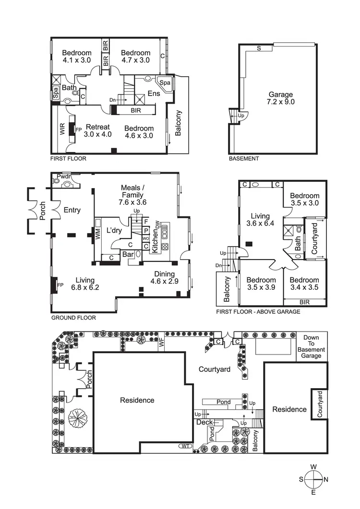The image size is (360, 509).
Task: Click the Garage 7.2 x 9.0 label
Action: coord(281,98)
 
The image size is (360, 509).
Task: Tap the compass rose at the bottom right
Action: coord(313,479)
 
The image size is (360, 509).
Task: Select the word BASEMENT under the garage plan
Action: coord(243,159)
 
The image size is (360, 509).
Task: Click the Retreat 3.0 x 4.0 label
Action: coord(97,130)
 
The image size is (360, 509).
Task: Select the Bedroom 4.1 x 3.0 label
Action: coord(77,57)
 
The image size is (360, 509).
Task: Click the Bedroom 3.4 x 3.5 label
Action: coord(304,284)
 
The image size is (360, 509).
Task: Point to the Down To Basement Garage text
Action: coord(312,346)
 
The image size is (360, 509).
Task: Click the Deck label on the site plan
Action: coord(204,422)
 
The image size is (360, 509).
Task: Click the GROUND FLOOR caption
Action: coord(73,318)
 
